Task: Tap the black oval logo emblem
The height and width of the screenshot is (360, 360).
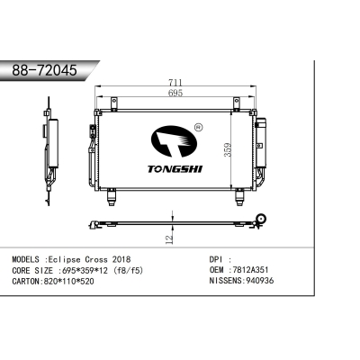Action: click(175, 138)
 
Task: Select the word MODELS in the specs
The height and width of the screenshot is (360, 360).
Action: click(26, 257)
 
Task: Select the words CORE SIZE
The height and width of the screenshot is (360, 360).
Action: click(31, 269)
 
